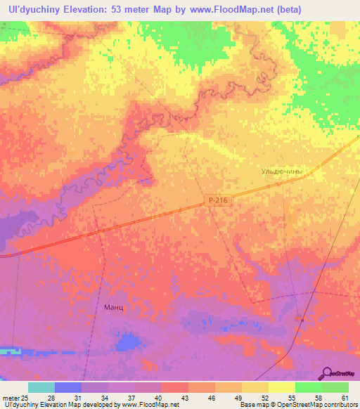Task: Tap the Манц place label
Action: (x=113, y=308)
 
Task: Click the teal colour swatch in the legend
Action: (x=41, y=387)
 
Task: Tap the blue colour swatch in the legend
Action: (x=67, y=387)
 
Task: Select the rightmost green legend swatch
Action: (x=335, y=387)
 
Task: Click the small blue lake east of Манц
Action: (x=127, y=342)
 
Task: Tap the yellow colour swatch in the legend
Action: (x=281, y=387)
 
